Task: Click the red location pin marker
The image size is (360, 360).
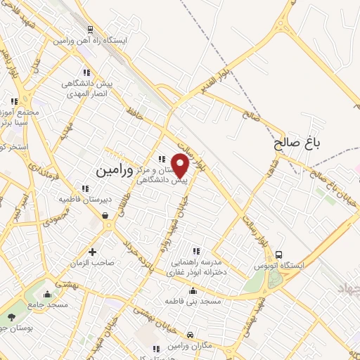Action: point(181,165)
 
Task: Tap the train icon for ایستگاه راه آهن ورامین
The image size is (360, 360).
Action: point(90,30)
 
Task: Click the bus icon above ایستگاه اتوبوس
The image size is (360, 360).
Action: point(279,255)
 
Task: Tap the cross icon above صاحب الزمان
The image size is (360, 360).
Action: point(92,252)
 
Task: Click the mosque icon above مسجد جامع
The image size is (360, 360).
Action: point(47,293)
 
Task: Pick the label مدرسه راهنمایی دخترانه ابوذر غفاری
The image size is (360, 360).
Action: point(196,266)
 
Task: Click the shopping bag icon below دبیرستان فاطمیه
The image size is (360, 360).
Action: point(105,217)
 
